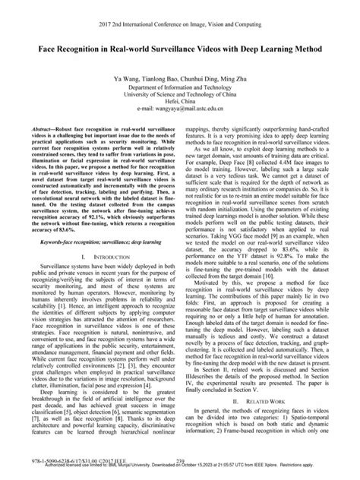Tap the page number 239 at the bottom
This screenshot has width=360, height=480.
(180, 460)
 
